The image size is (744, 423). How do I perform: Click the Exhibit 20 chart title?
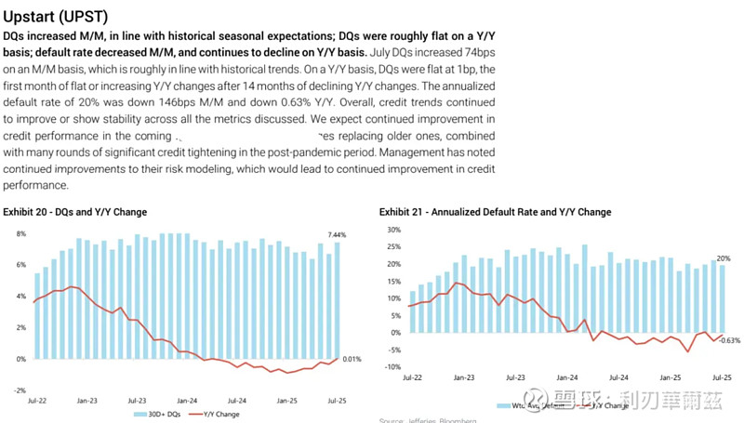75,212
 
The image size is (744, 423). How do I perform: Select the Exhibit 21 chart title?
495,212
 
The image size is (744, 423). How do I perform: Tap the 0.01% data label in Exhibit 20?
352,359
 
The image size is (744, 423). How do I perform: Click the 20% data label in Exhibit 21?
723,258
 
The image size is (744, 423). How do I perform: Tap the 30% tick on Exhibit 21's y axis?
393,230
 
